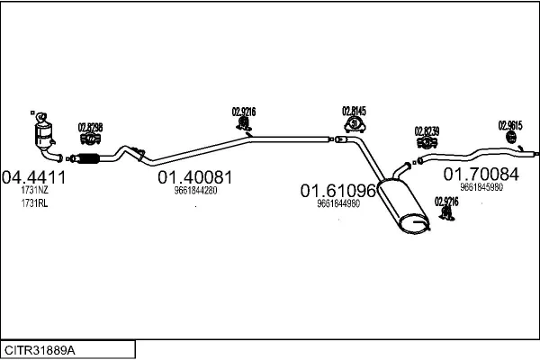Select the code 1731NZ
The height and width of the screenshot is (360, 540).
[35, 191]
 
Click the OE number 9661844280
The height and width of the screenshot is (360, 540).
[195, 190]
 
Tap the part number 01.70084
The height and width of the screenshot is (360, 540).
[481, 173]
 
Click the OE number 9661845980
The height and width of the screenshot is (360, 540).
[481, 187]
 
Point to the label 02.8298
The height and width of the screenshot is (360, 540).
[90, 127]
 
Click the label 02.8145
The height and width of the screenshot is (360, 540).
[355, 112]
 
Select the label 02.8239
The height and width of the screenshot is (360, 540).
[427, 130]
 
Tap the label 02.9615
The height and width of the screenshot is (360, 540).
[509, 124]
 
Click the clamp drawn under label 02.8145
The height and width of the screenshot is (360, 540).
[353, 127]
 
